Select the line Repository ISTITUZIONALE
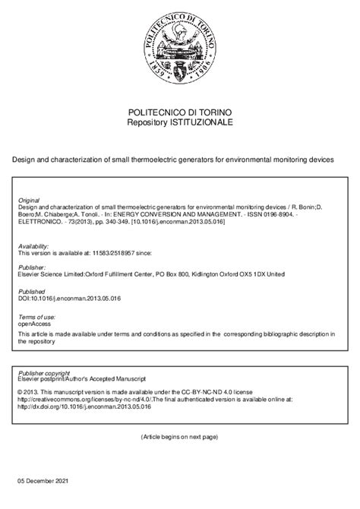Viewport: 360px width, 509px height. tap(180, 122)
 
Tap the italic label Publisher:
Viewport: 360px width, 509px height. tap(32, 267)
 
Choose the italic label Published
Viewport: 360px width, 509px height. tap(32, 291)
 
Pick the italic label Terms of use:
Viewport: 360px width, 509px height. tap(36, 315)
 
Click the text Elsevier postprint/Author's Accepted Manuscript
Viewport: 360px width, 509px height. tap(84, 381)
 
